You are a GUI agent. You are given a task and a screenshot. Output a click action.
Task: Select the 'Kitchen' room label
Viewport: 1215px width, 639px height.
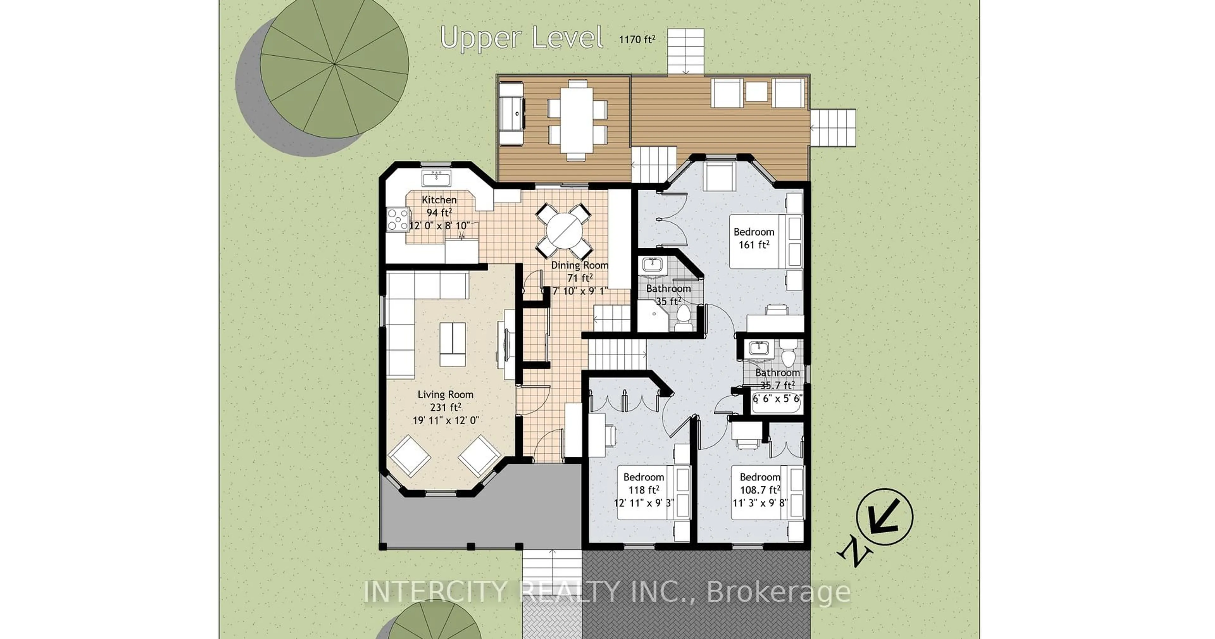tap(439, 200)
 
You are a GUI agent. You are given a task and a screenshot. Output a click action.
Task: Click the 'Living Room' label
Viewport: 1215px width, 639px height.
tap(445, 394)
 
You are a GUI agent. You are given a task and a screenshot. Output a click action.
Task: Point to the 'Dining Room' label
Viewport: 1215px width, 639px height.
tap(580, 265)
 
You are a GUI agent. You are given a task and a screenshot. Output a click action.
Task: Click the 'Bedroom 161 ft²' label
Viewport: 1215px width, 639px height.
tap(754, 238)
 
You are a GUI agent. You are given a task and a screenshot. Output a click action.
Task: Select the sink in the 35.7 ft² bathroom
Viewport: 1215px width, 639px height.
tap(758, 349)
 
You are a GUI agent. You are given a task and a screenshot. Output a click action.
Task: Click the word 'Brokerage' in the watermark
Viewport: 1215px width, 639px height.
tap(778, 592)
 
